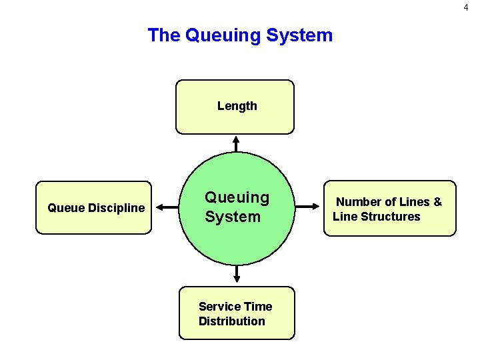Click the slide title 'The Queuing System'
tap(240, 35)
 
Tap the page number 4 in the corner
tap(466, 7)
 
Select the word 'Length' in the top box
tap(237, 106)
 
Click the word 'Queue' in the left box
tap(63, 208)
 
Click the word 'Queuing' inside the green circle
tap(237, 197)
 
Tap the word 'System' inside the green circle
tap(232, 217)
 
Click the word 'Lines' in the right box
tap(413, 202)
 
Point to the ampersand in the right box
tap(437, 202)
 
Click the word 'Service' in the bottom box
tap(219, 307)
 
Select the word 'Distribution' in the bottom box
tap(231, 321)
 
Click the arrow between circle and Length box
tap(235, 144)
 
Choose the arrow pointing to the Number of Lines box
tap(307, 207)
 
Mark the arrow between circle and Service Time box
tap(237, 273)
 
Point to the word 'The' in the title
tap(163, 35)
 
